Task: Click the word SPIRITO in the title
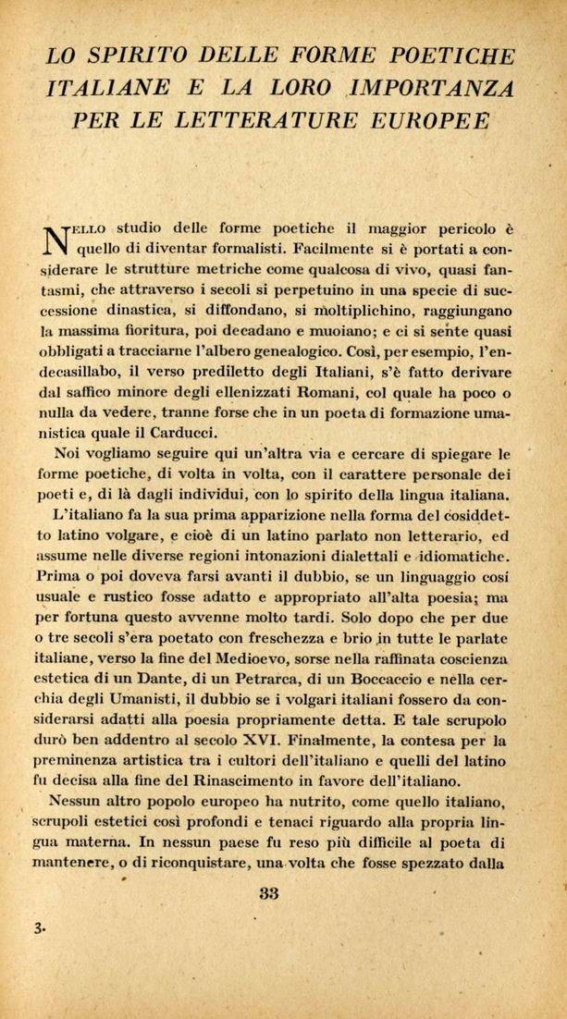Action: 133,55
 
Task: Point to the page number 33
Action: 270,893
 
